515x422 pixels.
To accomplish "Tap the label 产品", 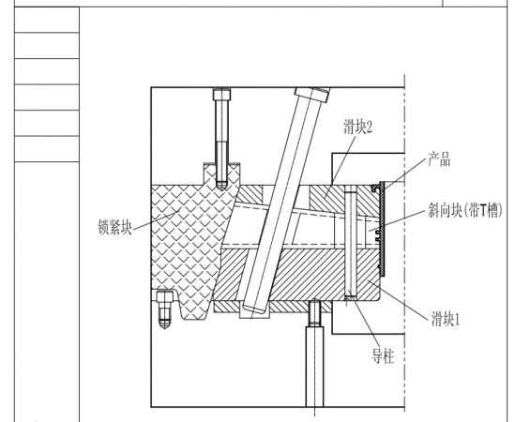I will (x=440, y=160).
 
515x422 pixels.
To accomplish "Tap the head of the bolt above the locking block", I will (x=220, y=94).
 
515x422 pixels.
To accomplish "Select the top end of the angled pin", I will (x=311, y=95).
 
